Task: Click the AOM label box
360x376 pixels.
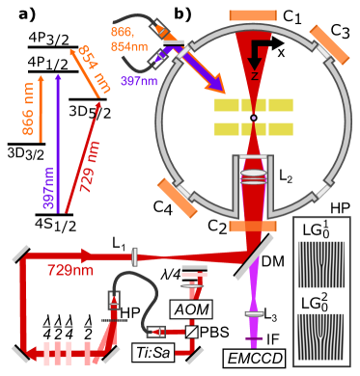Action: tap(190, 309)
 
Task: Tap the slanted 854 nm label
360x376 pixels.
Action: tap(94, 70)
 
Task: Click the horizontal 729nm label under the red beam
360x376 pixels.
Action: tap(70, 270)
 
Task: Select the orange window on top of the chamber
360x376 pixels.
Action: tap(253, 15)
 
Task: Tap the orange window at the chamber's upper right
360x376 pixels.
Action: tap(328, 43)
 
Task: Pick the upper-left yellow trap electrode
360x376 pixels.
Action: tap(227, 105)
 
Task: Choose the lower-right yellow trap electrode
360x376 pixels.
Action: tap(281, 129)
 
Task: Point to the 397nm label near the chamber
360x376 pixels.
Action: tap(138, 82)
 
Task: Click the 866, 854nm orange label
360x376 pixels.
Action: tap(128, 40)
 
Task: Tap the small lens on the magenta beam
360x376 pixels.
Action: tap(255, 314)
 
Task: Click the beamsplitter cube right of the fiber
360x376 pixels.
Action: tap(192, 332)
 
